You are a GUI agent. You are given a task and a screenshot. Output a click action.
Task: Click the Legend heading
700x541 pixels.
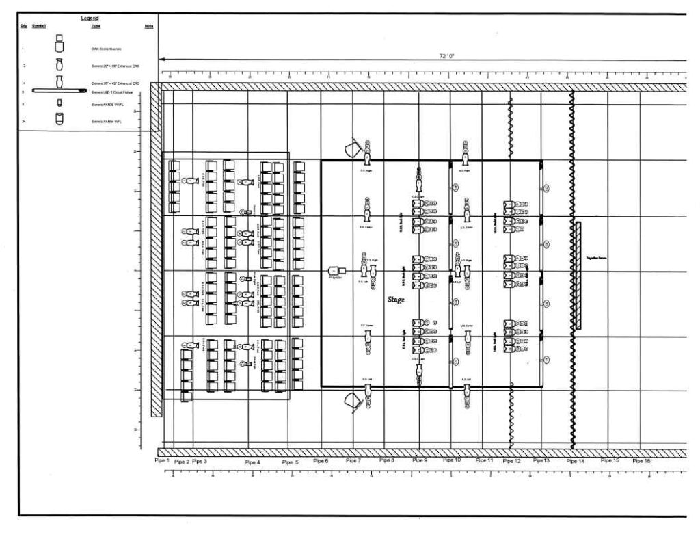pos(90,18)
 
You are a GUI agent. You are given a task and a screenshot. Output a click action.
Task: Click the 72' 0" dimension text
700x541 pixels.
pos(447,55)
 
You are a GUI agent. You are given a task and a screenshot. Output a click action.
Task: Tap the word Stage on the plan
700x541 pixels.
pos(396,300)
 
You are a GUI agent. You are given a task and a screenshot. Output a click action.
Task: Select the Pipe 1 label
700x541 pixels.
pos(162,461)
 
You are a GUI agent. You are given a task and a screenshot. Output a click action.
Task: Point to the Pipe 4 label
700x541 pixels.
pos(252,462)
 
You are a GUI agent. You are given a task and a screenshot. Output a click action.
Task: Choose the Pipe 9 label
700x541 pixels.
pos(420,461)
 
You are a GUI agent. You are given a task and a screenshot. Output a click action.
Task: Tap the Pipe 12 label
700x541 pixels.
pos(511,462)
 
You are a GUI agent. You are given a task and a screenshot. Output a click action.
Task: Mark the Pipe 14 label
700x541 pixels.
pos(576,462)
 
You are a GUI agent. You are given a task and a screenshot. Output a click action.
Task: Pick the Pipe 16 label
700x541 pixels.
pos(642,461)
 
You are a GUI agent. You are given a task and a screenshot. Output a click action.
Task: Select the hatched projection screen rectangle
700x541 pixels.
pos(578,276)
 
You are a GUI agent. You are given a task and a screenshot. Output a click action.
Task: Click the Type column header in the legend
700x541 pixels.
pos(96,27)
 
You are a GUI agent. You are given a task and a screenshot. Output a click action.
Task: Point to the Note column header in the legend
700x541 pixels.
pos(149,27)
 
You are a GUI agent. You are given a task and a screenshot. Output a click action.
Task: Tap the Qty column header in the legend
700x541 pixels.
pos(23,27)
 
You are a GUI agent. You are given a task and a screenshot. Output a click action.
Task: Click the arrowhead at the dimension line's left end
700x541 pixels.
pos(162,60)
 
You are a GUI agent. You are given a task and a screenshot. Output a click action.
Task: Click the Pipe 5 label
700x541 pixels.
pos(290,462)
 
